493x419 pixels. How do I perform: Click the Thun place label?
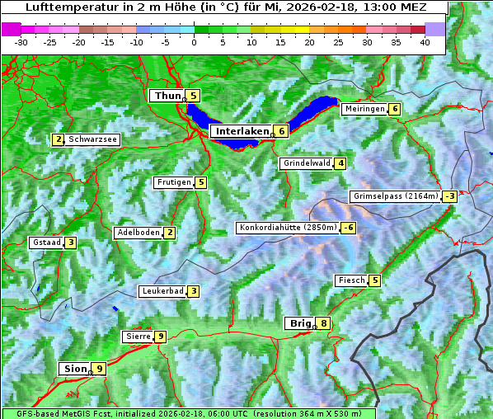pos(167,97)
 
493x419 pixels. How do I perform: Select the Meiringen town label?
pos(364,109)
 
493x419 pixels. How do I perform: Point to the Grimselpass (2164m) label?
pos(395,196)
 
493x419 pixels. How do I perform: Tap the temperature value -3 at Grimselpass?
pos(449,196)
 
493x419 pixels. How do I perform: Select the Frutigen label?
pos(173,182)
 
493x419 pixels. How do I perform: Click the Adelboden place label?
pos(138,233)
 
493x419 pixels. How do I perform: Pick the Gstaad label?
pos(46,242)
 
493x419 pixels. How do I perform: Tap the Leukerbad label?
pos(162,291)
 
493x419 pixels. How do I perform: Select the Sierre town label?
pos(138,337)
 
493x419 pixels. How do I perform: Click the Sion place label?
pos(73,369)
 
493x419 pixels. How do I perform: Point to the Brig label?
pos(298,324)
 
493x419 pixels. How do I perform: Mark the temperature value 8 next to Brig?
pos(324,324)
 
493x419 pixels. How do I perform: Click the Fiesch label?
pos(351,280)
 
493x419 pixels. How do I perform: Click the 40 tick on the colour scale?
pos(425,41)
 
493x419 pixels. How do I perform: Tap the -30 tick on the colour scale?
pos(21,41)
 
